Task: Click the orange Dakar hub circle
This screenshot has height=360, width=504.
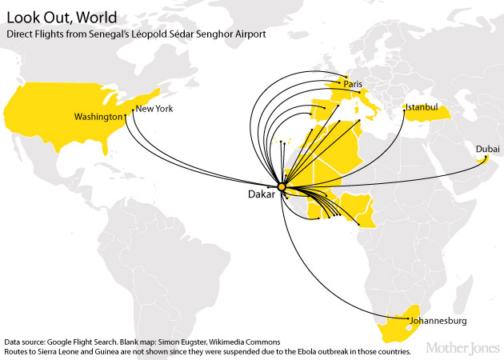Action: [x=281, y=188]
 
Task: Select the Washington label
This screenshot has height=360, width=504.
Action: [x=98, y=117]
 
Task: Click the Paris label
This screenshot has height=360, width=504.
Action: [x=353, y=84]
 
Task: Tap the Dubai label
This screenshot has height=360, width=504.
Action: [x=487, y=150]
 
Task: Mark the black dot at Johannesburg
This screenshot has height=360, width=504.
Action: [x=408, y=322]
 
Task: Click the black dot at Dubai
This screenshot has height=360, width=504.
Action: [x=482, y=159]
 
